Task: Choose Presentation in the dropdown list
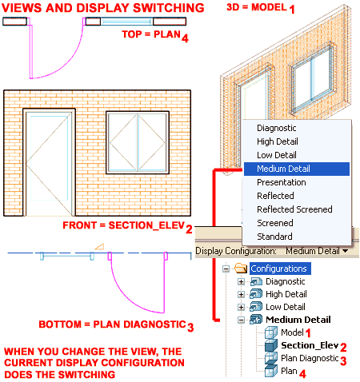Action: [280, 182]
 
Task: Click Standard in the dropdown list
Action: [274, 237]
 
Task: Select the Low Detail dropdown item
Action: [276, 155]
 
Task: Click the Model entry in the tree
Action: [292, 332]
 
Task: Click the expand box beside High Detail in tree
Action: [242, 294]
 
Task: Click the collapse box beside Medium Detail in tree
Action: [242, 320]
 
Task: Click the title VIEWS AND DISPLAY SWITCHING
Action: [102, 8]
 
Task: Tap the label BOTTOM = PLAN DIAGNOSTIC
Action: [112, 325]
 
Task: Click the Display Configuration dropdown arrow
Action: [345, 251]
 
